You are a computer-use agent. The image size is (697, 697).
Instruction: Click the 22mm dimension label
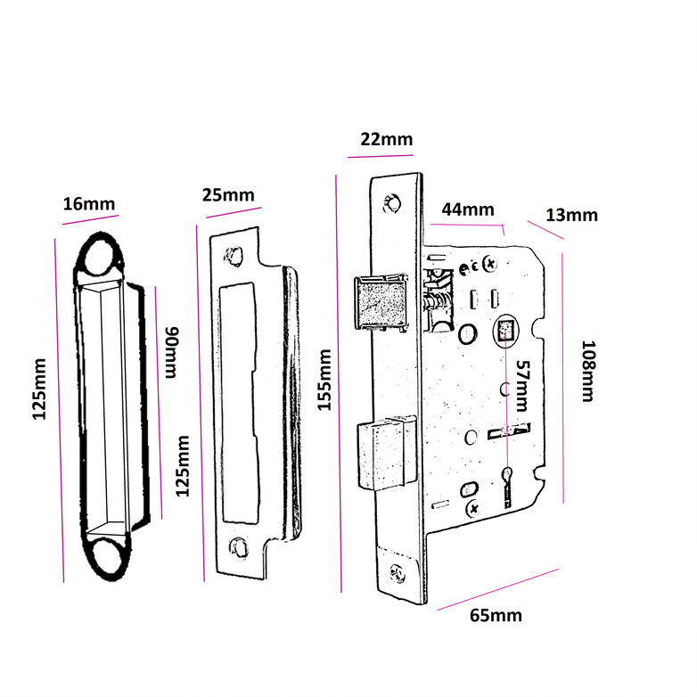386,139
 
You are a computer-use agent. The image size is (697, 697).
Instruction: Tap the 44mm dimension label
467,210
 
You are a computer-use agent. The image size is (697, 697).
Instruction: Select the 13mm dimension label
571,215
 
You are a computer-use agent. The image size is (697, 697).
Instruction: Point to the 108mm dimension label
587,370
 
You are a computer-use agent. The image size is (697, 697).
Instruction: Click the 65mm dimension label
496,615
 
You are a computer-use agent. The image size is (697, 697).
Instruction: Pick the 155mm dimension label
324,382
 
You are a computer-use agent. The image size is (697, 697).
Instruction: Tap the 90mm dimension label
173,353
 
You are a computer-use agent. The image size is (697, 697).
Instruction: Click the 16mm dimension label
89,204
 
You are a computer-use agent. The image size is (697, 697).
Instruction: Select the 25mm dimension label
227,195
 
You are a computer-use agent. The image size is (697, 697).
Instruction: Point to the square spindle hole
505,332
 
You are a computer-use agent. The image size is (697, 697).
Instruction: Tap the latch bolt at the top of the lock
381,302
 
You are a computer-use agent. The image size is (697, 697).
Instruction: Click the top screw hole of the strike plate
235,256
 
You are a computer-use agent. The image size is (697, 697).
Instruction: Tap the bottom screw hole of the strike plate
238,545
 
